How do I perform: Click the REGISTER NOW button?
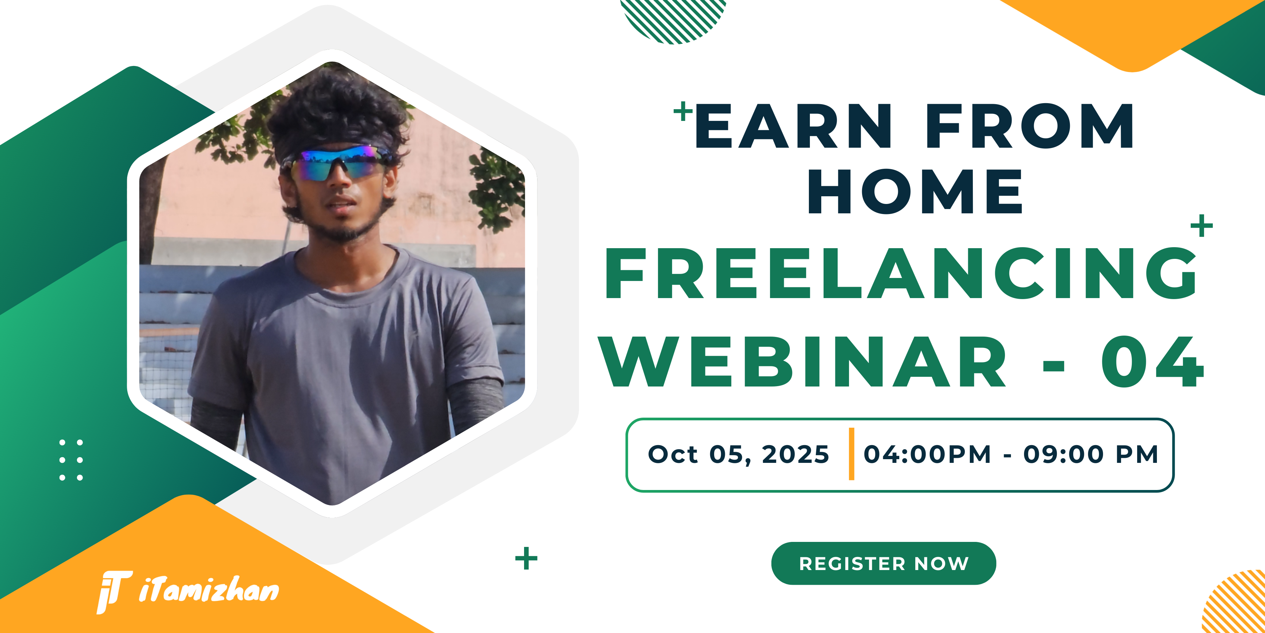tap(883, 563)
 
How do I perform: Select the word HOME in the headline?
tap(915, 192)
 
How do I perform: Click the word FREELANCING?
tap(900, 273)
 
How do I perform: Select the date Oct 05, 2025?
tap(738, 454)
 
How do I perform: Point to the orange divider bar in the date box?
tap(851, 453)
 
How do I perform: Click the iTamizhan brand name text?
tap(209, 590)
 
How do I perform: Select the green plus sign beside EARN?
tap(683, 111)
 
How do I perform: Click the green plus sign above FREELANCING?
tap(1202, 226)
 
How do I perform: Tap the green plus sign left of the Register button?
tap(526, 558)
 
